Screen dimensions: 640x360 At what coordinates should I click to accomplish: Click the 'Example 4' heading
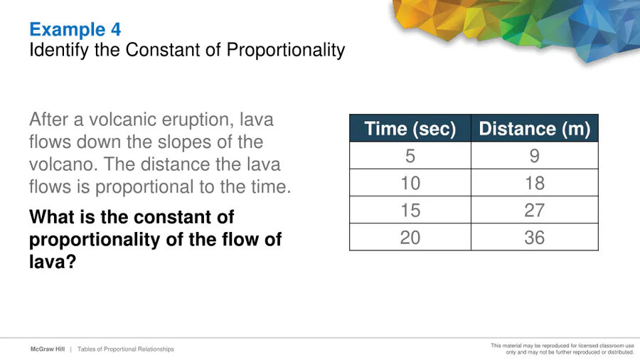75,29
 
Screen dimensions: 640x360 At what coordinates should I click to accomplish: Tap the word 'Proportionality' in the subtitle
286,51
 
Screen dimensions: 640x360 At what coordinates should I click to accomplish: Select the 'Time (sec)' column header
410,129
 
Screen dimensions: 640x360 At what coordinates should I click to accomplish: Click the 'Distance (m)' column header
535,129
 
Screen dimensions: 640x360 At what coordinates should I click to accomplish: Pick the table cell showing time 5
410,156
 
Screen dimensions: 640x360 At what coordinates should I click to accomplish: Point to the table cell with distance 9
535,156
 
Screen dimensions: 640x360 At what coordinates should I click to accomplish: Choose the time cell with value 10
410,183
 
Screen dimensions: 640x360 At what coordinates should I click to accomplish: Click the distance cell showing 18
535,183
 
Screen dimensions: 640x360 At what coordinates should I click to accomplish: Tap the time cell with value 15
410,210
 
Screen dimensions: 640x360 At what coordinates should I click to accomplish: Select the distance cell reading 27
535,210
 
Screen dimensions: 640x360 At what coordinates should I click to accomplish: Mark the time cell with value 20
410,237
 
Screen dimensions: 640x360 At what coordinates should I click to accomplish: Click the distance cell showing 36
535,237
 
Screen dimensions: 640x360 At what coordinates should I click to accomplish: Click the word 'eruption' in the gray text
198,120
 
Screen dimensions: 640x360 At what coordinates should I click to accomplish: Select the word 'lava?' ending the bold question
53,262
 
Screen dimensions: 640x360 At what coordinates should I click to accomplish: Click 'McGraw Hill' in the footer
48,349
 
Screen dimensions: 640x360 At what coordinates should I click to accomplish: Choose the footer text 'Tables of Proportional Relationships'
126,349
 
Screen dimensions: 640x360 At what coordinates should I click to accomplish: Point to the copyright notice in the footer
562,349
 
